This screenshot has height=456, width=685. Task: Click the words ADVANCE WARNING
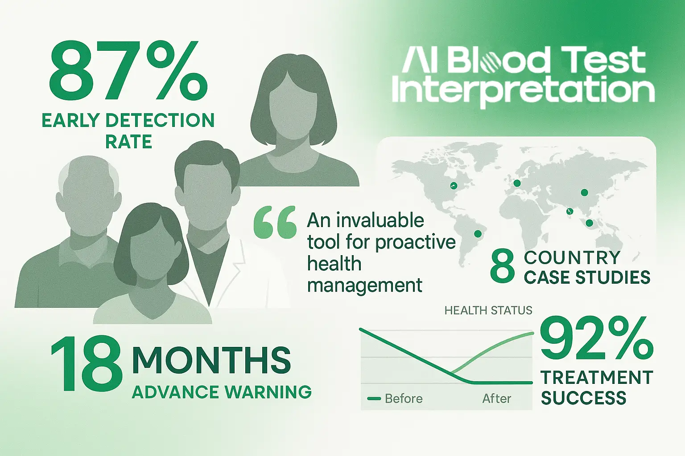222,391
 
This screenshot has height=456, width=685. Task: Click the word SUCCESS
583,397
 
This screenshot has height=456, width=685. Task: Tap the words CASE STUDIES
587,277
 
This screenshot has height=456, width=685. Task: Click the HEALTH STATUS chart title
488,310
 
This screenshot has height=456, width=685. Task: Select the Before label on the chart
404,398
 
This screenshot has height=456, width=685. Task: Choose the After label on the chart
497,398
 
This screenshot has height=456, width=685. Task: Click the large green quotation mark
275,222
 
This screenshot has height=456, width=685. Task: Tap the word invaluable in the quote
380,220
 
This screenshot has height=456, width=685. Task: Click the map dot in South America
478,234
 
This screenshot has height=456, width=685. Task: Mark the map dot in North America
453,185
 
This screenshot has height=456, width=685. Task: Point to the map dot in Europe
517,183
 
